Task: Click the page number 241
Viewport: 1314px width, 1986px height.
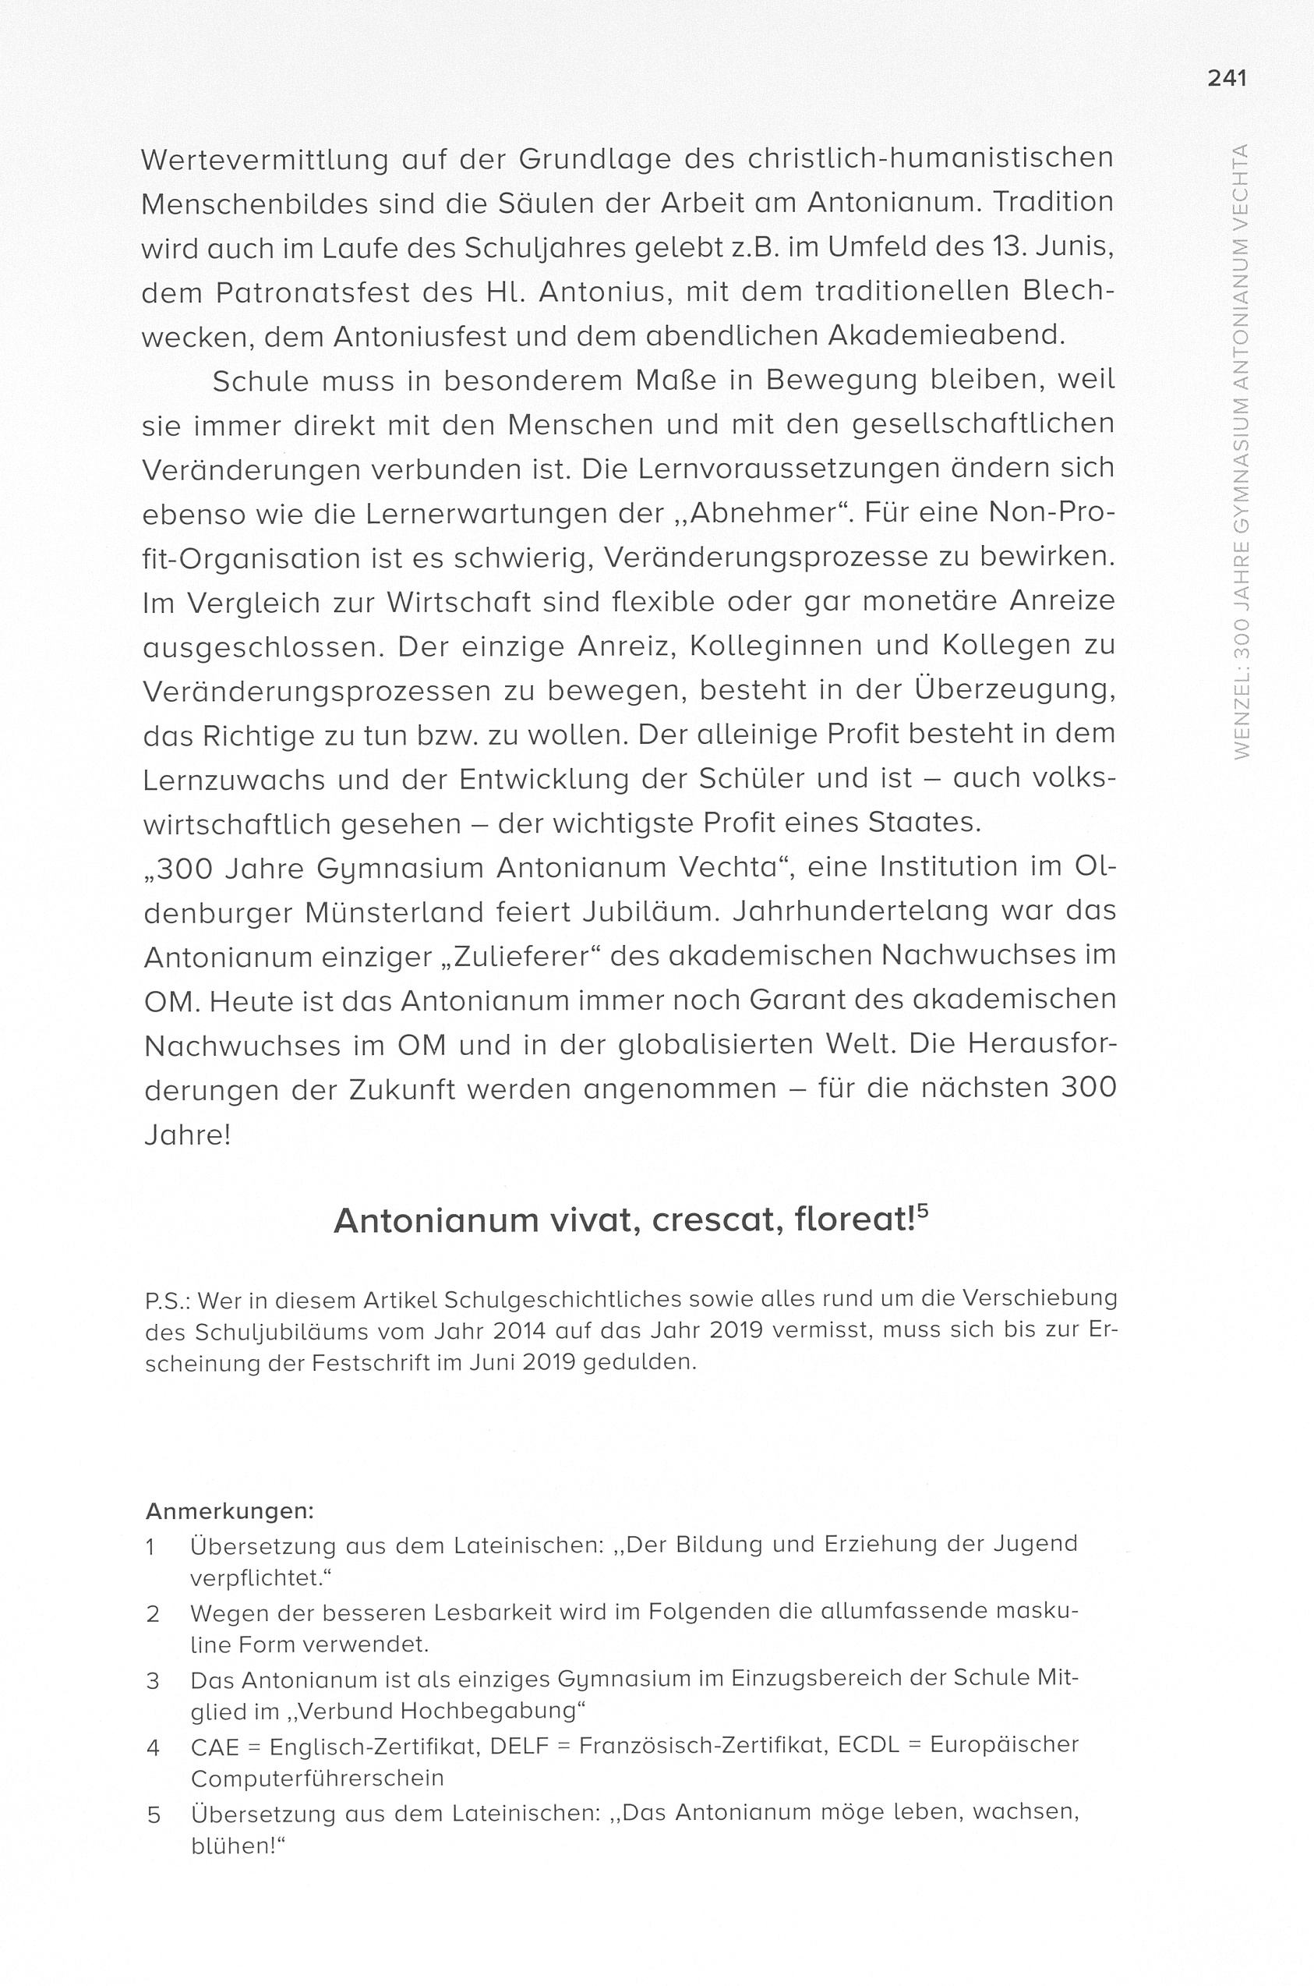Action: [x=1227, y=79]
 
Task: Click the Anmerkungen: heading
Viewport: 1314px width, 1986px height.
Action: [x=230, y=1511]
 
